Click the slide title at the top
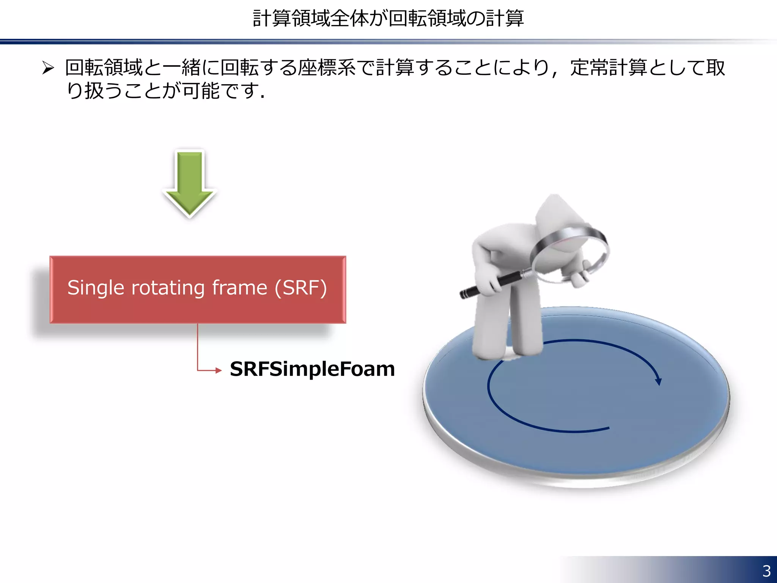[388, 18]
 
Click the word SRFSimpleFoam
[312, 369]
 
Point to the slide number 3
[766, 571]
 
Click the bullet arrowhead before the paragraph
[48, 68]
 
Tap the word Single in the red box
[96, 288]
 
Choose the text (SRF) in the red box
[300, 288]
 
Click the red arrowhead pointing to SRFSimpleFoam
[218, 370]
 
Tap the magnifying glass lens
[569, 252]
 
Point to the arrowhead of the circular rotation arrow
[659, 381]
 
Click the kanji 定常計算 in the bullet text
[609, 68]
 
